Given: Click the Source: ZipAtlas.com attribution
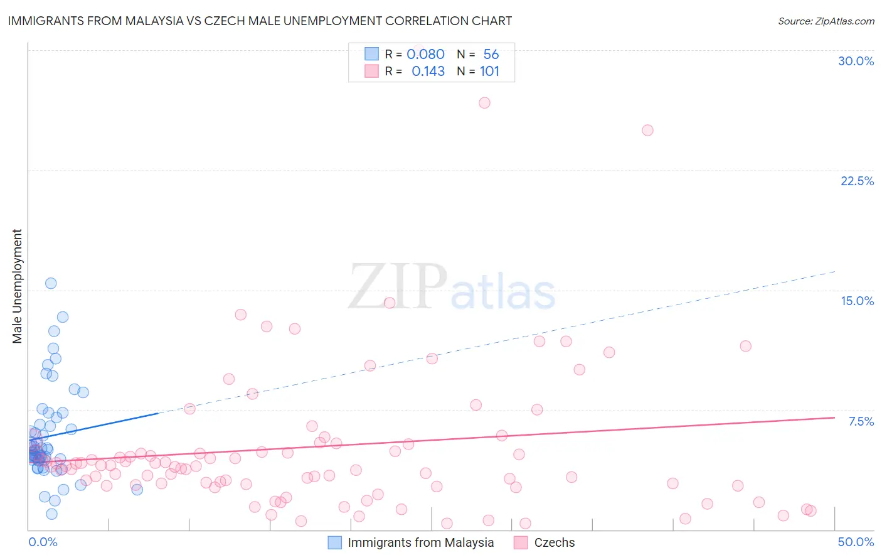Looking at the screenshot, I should coord(826,21).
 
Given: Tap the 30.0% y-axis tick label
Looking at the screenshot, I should coord(856,61).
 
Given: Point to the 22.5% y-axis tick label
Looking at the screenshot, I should coord(857,181).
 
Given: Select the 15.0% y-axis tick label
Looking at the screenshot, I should coord(857,301).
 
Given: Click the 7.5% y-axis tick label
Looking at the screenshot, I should coord(861,421).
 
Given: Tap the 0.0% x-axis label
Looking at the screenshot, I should coord(43,542).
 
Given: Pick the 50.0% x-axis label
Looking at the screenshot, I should coord(856,542).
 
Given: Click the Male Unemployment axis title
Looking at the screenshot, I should coord(17,286).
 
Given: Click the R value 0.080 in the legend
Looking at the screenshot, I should coord(425,54).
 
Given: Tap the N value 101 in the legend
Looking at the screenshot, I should coord(489,71).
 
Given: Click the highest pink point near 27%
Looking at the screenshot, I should coord(484,102).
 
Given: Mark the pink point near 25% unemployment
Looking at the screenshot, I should coord(647,130).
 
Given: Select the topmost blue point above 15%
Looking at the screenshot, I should coord(51,283).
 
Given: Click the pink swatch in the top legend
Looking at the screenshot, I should coord(371,71).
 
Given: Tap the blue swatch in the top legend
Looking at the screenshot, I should coord(371,54).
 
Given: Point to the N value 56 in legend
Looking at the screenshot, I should coord(491,54).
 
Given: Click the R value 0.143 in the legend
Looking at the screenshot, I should coord(428,71).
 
